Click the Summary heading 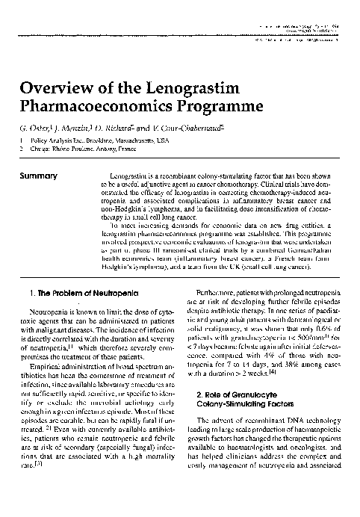click(40, 176)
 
